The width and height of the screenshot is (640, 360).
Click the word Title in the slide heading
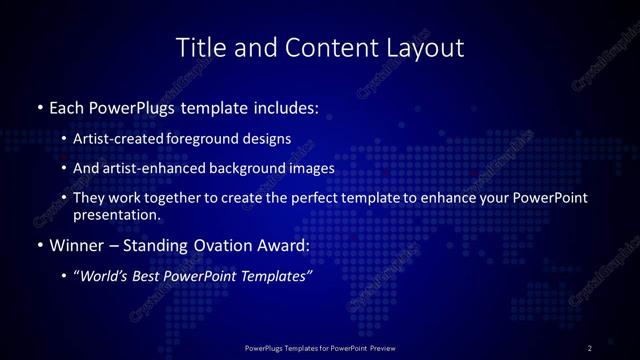[x=199, y=47]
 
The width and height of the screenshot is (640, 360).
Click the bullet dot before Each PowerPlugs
[x=39, y=106]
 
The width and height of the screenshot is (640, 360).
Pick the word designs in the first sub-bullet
[x=263, y=139]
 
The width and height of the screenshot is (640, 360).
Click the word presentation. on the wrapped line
[x=116, y=215]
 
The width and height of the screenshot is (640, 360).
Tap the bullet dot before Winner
[x=39, y=246]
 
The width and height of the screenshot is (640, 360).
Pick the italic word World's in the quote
[x=107, y=277]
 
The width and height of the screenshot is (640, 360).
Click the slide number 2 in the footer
[x=590, y=348]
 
